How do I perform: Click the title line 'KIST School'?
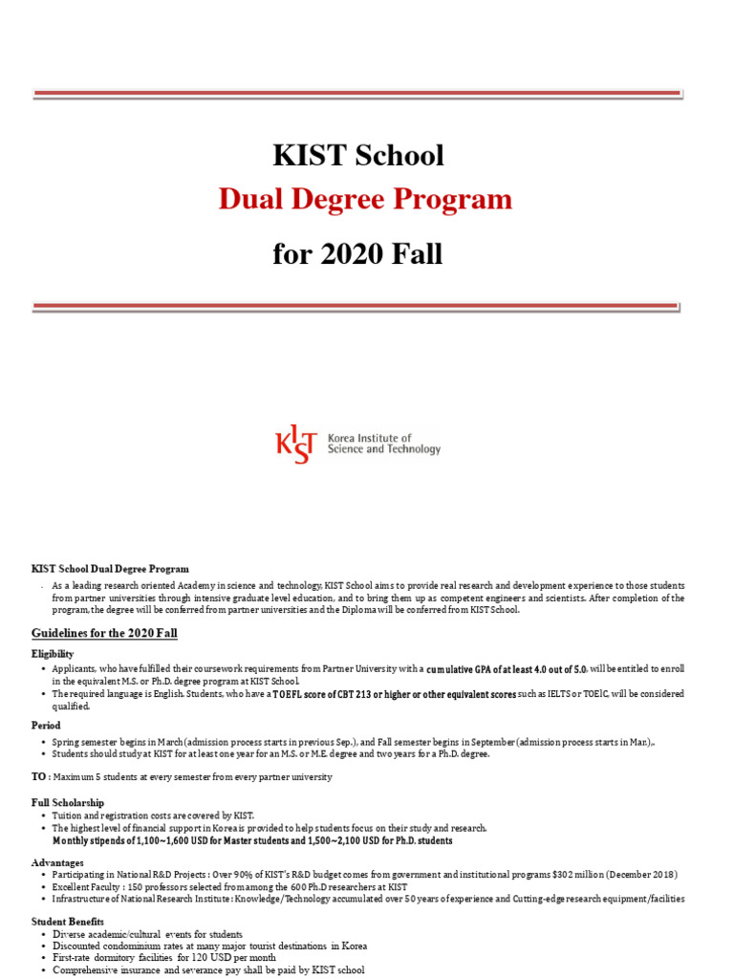click(358, 155)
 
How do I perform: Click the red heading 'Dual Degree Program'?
click(365, 200)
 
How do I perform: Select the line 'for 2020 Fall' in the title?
click(358, 255)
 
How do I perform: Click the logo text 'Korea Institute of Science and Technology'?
click(384, 444)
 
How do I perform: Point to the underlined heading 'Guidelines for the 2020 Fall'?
click(104, 633)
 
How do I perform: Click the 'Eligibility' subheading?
click(53, 653)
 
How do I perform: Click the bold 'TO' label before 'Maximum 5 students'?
click(39, 777)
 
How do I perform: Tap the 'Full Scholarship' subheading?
click(68, 802)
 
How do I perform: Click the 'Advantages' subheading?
click(57, 862)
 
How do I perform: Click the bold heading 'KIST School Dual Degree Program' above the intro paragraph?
click(111, 569)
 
